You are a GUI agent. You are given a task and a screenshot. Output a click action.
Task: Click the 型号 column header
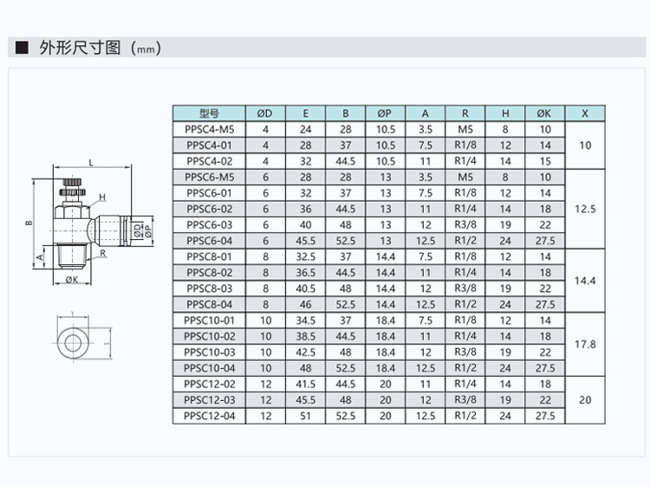click(209, 113)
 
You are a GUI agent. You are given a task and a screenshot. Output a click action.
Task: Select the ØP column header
click(385, 113)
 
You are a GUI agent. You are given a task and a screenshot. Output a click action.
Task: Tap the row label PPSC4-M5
click(209, 128)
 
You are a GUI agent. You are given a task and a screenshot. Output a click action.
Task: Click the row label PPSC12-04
click(209, 416)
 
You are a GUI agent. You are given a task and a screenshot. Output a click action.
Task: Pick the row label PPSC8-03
click(209, 288)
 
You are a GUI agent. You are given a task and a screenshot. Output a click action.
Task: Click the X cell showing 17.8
click(585, 344)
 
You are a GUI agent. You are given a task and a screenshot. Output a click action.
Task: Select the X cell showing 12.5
click(585, 209)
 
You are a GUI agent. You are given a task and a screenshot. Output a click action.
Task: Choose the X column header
click(585, 113)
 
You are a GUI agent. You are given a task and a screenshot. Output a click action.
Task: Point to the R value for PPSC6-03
click(465, 224)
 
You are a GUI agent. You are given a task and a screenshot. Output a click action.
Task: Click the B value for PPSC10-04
click(345, 367)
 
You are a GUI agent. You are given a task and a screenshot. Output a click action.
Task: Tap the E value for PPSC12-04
click(305, 416)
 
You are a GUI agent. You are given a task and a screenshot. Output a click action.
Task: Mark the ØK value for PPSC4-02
click(544, 160)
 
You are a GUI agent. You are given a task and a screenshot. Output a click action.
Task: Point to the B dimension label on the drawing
click(29, 223)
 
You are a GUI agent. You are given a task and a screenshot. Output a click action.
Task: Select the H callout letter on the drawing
click(101, 197)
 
